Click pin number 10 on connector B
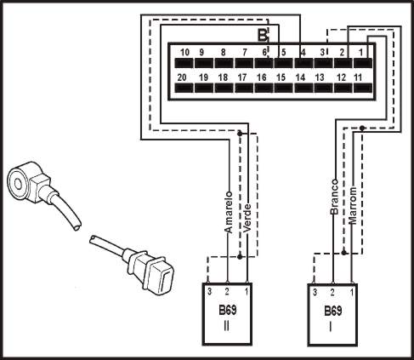[184, 53]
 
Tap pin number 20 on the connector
[182, 77]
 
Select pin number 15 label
[281, 77]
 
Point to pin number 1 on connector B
[360, 53]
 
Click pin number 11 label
[358, 77]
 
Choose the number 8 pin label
[224, 53]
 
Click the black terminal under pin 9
[204, 63]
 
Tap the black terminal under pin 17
[244, 88]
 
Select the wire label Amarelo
[229, 213]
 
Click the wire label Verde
[247, 218]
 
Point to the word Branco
[334, 197]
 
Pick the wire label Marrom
[352, 206]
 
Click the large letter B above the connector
[263, 35]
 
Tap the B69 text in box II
[227, 310]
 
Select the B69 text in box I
[333, 311]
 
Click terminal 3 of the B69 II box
[209, 291]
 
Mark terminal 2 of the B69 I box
[332, 292]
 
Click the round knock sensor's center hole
[18, 185]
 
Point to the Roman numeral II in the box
[227, 327]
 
